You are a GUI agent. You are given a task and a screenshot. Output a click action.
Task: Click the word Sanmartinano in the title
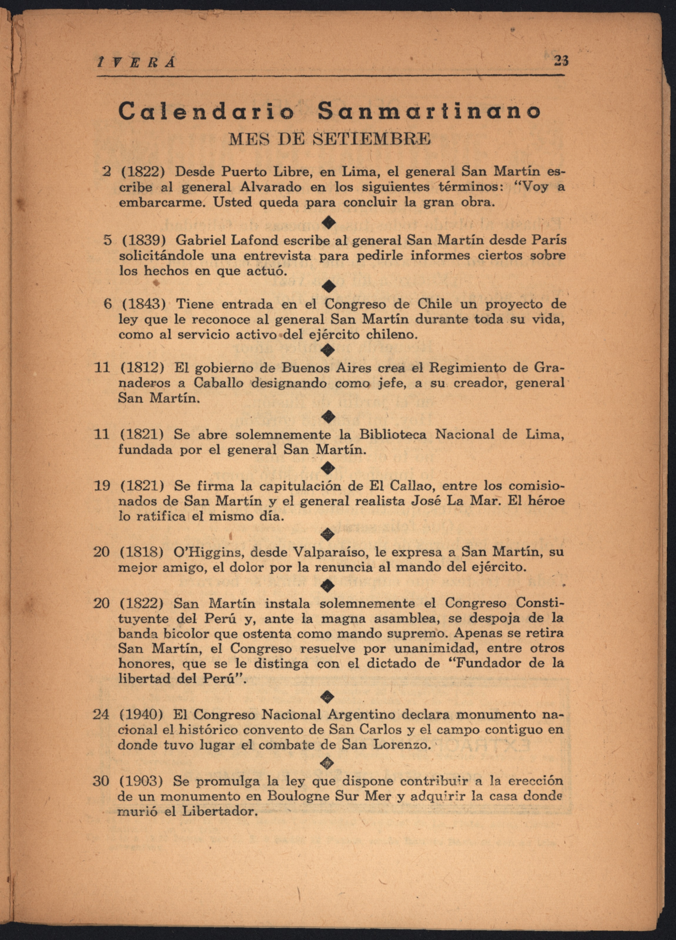(429, 111)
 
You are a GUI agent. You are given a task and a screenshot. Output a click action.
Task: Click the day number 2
(107, 171)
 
